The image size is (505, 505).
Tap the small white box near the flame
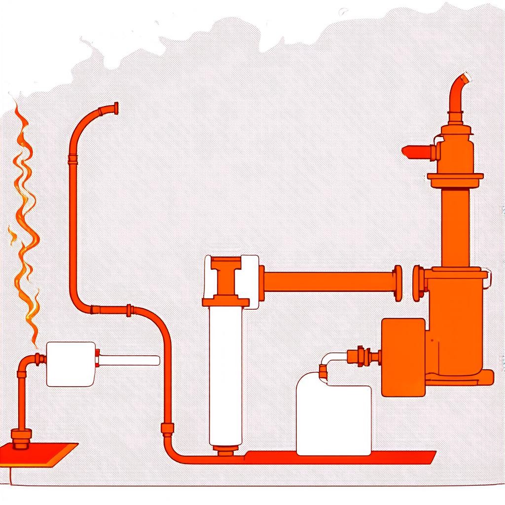click(x=71, y=364)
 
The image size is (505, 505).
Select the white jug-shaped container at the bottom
click(x=334, y=419)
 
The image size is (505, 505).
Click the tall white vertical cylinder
click(x=226, y=375)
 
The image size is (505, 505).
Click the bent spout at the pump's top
click(x=457, y=94)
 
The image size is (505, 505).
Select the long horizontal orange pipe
click(x=328, y=282)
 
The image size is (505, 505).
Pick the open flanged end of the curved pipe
click(x=115, y=108)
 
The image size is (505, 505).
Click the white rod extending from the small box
click(x=129, y=361)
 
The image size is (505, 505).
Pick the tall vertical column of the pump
click(x=455, y=227)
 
